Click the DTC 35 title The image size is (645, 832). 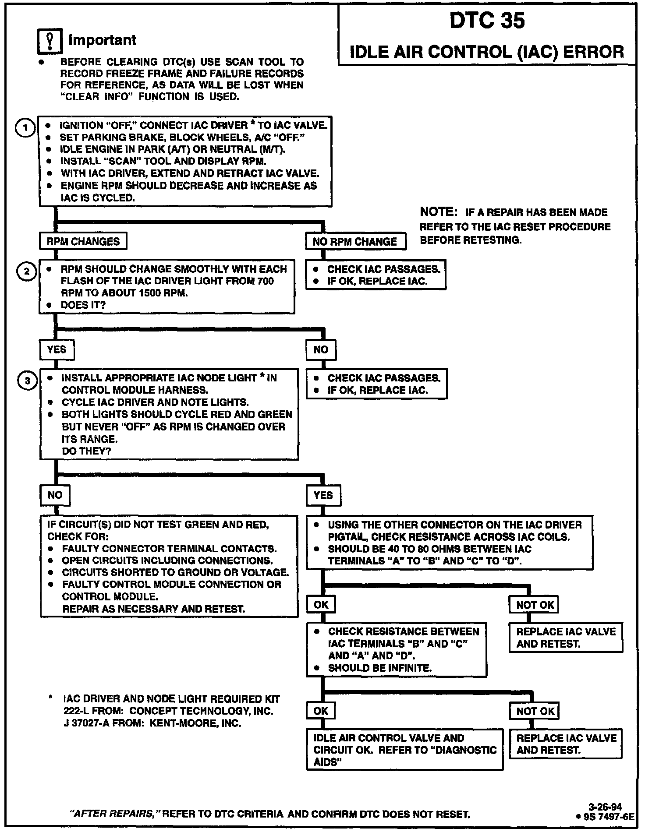[x=487, y=21]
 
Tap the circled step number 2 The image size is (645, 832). [x=26, y=272]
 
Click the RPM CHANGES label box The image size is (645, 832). [x=83, y=241]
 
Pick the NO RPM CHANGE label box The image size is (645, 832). [x=355, y=241]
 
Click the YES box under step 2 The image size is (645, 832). [x=57, y=349]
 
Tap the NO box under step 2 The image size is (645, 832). [x=321, y=349]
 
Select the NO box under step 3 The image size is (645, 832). [x=55, y=495]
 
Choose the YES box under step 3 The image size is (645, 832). [x=323, y=495]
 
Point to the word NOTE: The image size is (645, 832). [x=438, y=212]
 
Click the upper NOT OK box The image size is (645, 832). [x=535, y=605]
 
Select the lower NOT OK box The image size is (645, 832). [x=535, y=711]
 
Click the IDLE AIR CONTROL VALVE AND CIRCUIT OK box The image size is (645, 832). [x=404, y=750]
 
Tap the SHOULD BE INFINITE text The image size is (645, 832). [x=379, y=668]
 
